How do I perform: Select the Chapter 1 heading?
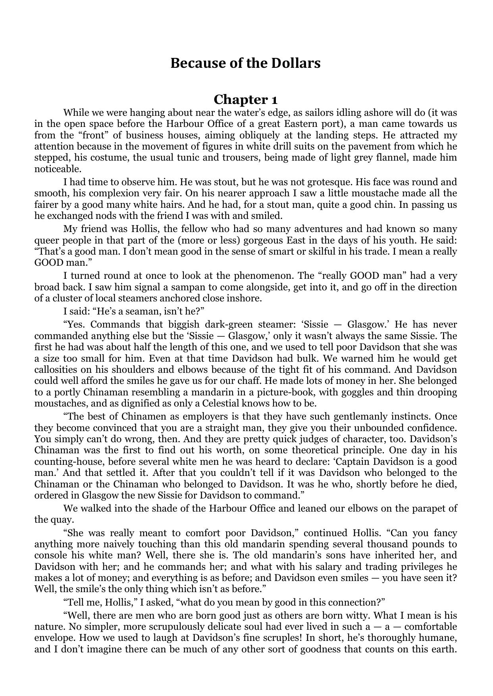click(x=246, y=99)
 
